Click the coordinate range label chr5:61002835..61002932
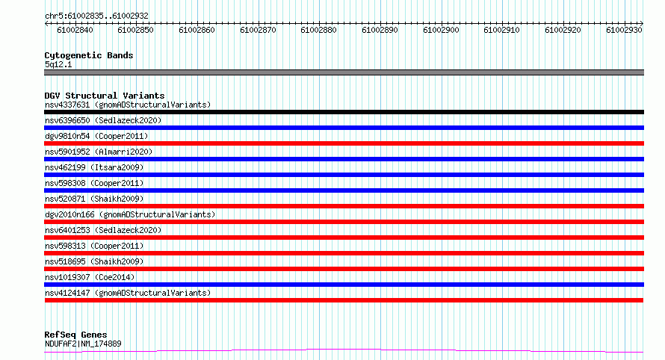pos(96,16)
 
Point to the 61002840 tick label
pos(75,30)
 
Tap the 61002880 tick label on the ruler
pos(318,30)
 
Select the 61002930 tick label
pos(624,30)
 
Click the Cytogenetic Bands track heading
pos(89,55)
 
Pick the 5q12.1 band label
pos(58,64)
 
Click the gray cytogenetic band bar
pos(344,72)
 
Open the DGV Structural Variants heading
pos(105,96)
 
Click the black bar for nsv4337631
pos(344,112)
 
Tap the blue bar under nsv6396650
pos(344,128)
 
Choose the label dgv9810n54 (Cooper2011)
pos(96,136)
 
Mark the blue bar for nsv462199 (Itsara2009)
pos(344,175)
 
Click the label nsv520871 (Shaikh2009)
pos(94,199)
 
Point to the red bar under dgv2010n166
pos(344,222)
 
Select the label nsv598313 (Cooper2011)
pos(94,246)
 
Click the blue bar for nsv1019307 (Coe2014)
pos(344,285)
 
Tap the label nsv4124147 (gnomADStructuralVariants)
pos(128,293)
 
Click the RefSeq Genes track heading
pos(75,335)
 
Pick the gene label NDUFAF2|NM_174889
pos(83,344)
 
